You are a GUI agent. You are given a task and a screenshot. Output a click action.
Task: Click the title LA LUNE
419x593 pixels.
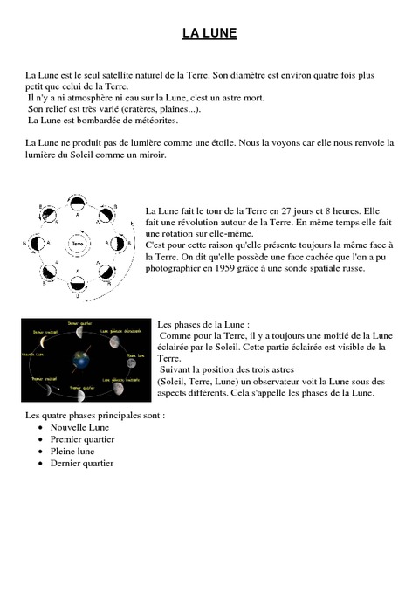click(209, 34)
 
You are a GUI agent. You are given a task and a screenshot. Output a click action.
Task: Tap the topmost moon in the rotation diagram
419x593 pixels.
click(78, 203)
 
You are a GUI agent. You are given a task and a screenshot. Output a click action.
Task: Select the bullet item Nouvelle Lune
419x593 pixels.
click(79, 427)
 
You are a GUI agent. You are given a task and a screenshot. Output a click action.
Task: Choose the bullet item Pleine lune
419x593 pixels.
click(72, 452)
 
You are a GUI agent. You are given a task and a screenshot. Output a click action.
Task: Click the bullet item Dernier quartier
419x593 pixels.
click(82, 464)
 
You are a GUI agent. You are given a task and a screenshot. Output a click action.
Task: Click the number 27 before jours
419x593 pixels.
click(276, 211)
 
